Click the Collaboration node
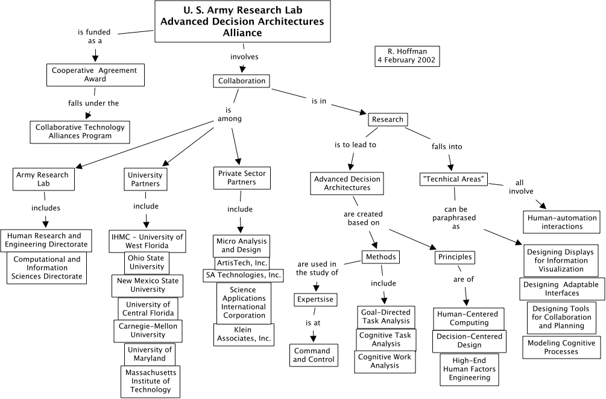241,81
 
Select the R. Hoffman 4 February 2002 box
407,56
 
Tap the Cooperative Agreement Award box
95,75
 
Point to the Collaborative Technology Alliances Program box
80,131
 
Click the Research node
387,119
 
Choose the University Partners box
145,180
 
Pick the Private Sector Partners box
241,178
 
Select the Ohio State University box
147,262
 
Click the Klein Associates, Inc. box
244,335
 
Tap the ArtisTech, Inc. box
242,263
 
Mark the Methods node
381,257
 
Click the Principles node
455,257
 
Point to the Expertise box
314,300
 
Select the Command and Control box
311,355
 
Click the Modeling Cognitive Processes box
561,347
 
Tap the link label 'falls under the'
93,103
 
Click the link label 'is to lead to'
355,145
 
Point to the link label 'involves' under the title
244,57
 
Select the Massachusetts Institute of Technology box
148,381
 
